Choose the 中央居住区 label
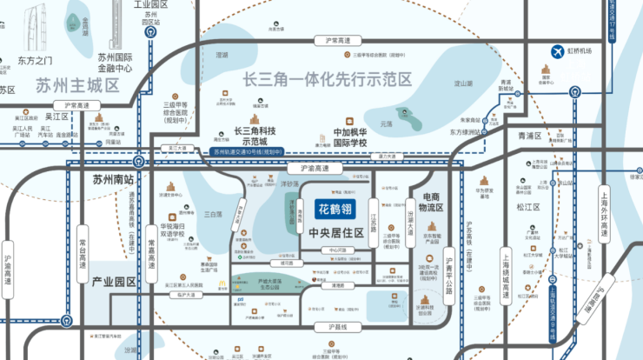click(x=334, y=233)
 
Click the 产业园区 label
click(x=114, y=283)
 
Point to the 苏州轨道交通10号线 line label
click(x=249, y=152)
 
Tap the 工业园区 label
click(x=149, y=6)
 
